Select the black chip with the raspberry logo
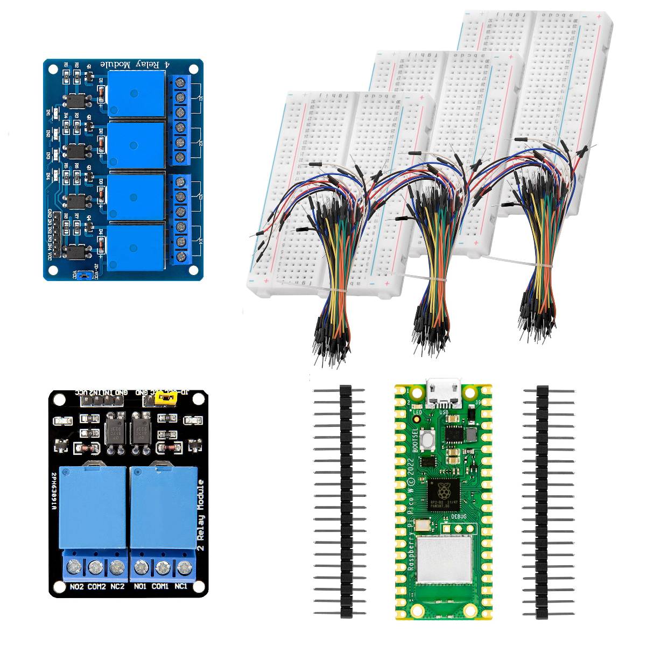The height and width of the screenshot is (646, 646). (444, 494)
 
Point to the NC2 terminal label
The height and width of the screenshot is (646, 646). (117, 586)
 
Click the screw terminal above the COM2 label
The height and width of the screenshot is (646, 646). (96, 567)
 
